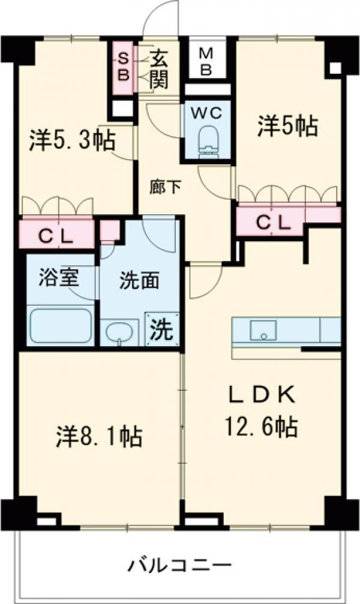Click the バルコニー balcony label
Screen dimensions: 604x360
pyautogui.click(x=179, y=565)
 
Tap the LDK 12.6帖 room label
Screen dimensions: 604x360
pyautogui.click(x=261, y=411)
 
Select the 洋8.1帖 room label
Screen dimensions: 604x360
pyautogui.click(x=99, y=436)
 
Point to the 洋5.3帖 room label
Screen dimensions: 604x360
pyautogui.click(x=72, y=142)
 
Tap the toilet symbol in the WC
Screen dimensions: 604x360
pyautogui.click(x=207, y=140)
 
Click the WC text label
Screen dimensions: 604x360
pyautogui.click(x=206, y=112)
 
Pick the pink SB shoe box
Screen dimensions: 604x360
pyautogui.click(x=123, y=66)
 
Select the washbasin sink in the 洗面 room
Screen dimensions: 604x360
pyautogui.click(x=121, y=332)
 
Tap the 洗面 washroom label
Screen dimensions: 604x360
pyautogui.click(x=139, y=282)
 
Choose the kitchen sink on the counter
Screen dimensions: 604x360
pyautogui.click(x=262, y=329)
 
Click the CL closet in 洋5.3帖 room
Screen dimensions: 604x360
pyautogui.click(x=57, y=235)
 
